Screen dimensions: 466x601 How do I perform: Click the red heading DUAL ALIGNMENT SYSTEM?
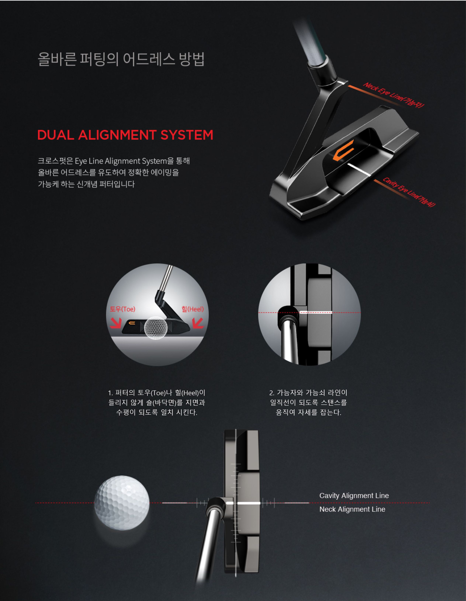click(125, 135)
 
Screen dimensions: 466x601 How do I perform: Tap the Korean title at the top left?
click(121, 59)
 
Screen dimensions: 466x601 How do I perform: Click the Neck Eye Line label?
click(394, 95)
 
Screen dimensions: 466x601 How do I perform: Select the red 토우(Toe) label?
click(122, 309)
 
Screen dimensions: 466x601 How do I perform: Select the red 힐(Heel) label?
click(192, 309)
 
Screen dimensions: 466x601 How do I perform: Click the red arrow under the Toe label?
click(116, 323)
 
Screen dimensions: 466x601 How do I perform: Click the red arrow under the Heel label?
click(198, 323)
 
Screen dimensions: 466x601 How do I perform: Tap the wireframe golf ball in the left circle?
click(156, 328)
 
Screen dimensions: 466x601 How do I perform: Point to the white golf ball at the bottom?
click(122, 503)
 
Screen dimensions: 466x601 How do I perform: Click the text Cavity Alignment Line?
click(354, 496)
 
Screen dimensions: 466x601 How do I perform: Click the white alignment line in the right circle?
click(316, 312)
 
